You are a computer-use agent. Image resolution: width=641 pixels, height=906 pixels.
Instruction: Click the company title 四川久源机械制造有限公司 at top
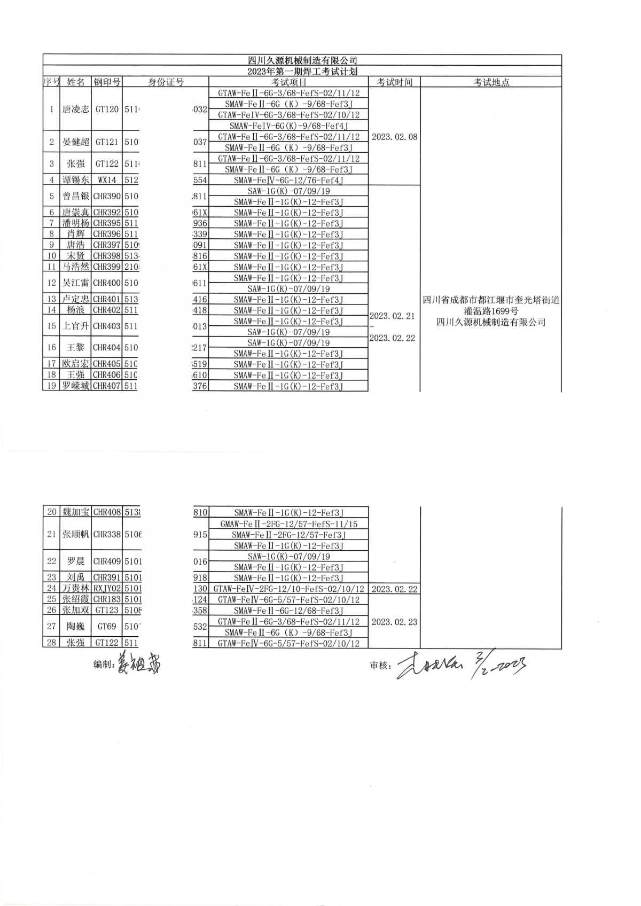(x=302, y=60)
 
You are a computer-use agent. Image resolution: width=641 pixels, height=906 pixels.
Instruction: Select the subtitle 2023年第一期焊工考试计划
(x=302, y=71)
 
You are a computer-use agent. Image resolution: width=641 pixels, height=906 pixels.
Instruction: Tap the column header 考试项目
(x=288, y=82)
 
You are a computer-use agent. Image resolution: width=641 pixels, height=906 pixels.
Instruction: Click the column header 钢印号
(x=107, y=82)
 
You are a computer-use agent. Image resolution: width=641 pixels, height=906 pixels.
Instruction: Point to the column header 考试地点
(x=491, y=82)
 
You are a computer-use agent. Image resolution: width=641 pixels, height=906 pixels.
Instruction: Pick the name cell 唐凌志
(x=75, y=110)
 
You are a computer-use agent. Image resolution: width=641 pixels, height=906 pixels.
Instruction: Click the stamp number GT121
(x=107, y=142)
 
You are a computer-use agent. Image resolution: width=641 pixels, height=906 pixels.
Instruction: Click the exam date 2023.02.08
(x=394, y=137)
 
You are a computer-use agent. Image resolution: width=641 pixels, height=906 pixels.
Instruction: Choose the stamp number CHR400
(x=107, y=283)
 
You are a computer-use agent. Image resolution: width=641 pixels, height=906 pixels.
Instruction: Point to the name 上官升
(x=75, y=326)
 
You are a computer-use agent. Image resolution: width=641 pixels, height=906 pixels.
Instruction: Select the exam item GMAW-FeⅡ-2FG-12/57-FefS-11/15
(x=288, y=525)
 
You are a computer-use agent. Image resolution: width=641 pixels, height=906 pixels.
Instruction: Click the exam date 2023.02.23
(x=394, y=622)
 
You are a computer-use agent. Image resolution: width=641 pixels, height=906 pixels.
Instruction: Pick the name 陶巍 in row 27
(x=75, y=627)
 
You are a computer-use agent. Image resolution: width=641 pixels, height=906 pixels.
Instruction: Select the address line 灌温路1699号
(x=491, y=311)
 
